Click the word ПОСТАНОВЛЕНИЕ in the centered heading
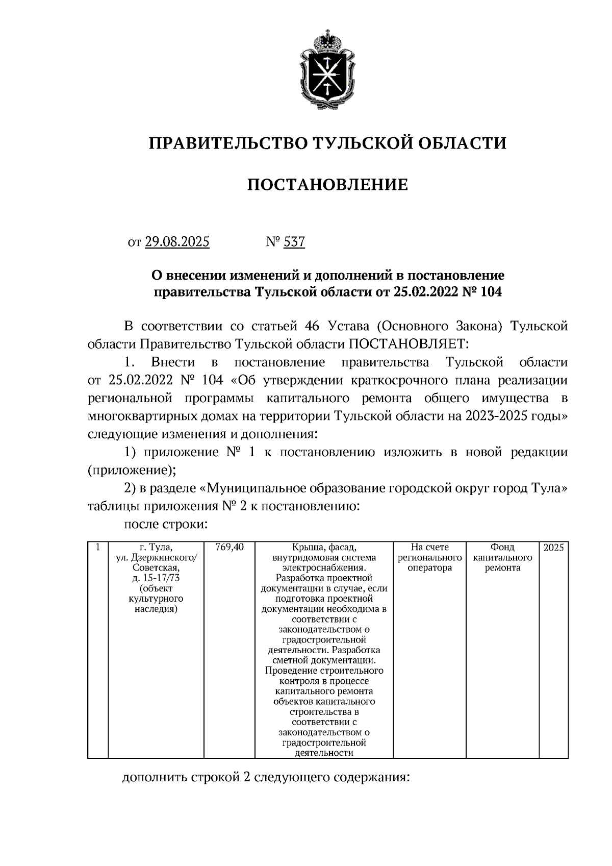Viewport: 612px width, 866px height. pos(327,185)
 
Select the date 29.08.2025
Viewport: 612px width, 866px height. pos(177,241)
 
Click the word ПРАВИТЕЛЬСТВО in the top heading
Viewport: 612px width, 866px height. pos(224,143)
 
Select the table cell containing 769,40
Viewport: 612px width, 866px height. pos(229,548)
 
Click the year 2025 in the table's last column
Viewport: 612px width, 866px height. pos(553,548)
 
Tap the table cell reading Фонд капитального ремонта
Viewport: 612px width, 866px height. pos(502,557)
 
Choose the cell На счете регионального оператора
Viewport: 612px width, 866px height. pos(430,557)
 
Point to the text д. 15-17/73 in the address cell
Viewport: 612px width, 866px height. pos(156,578)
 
